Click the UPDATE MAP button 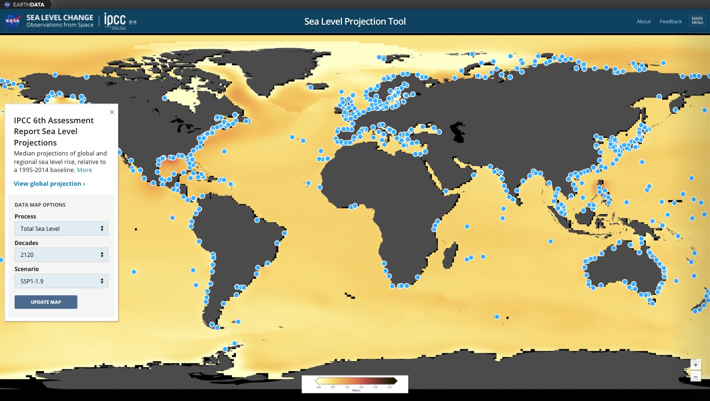coord(46,302)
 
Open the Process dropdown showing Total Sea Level coord(61,228)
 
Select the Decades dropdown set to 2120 coord(61,255)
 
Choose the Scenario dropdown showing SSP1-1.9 coord(61,281)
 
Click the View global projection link coord(49,184)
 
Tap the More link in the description coord(84,170)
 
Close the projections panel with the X coord(112,112)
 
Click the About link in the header coord(643,21)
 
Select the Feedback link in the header coord(671,21)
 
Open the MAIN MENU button coord(697,21)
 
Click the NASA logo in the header coord(12,21)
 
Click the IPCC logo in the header coord(115,21)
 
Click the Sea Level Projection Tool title coord(355,21)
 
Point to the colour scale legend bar coord(355,381)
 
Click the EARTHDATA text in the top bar coord(28,5)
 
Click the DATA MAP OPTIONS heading coord(40,205)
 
